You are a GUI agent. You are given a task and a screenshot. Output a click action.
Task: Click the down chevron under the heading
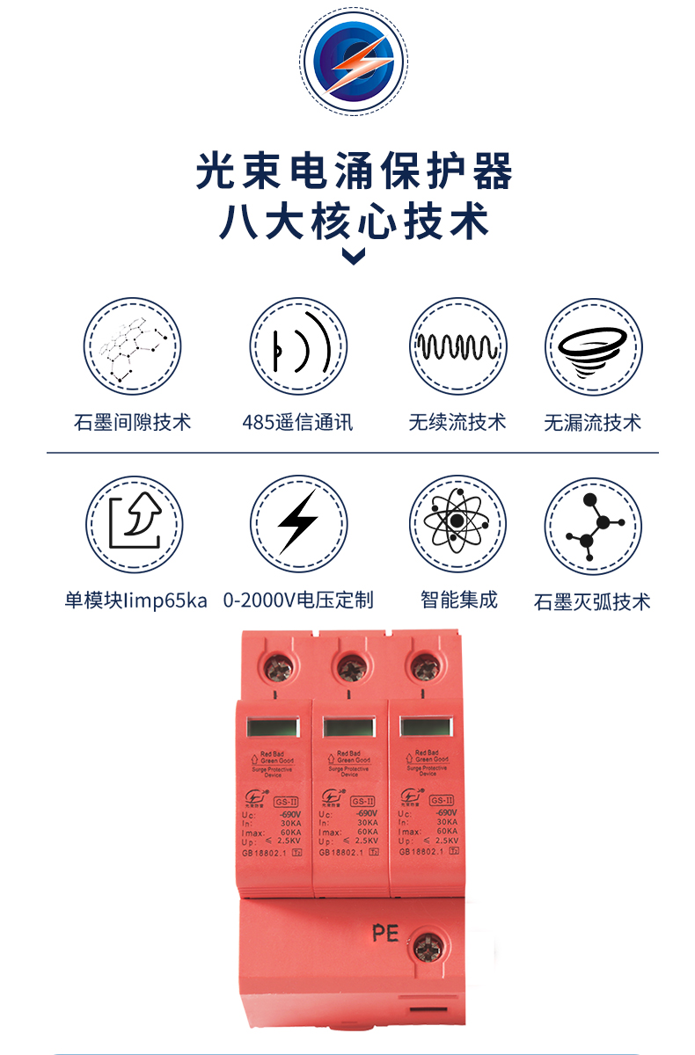[x=354, y=256]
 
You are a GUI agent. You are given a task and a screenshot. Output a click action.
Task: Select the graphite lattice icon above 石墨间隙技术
[x=132, y=346]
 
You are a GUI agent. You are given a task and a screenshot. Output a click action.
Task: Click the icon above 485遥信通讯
[x=298, y=346]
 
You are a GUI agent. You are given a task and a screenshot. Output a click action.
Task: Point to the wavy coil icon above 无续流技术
[x=457, y=346]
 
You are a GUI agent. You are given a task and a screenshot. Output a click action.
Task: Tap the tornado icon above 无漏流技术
[x=593, y=346]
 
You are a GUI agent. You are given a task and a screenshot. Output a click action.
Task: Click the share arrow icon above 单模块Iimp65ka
[x=134, y=525]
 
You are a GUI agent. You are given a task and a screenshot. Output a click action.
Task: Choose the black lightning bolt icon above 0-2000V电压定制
[x=298, y=525]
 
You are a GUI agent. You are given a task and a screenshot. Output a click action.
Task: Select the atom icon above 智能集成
[x=457, y=525]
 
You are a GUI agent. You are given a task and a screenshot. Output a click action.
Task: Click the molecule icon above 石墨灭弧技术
[x=593, y=527]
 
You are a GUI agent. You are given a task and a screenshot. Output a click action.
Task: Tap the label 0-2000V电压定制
[x=298, y=600]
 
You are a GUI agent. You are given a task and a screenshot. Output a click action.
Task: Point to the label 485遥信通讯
[x=297, y=422]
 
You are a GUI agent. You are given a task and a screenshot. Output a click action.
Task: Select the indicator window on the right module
[x=428, y=727]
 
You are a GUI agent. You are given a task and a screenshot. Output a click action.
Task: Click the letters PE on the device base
[x=385, y=932]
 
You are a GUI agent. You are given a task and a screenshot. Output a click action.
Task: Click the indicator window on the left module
[x=274, y=727]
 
